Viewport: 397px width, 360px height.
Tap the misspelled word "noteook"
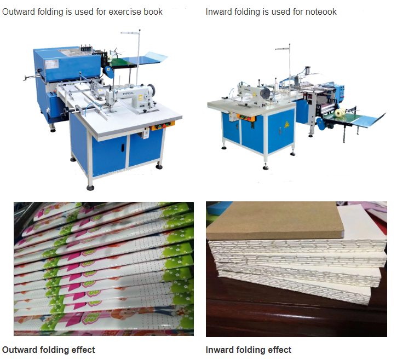point(320,11)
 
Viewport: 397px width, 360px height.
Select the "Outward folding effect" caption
point(49,350)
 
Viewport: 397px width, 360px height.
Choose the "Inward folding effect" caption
point(249,350)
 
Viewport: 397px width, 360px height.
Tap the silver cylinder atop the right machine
point(308,71)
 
